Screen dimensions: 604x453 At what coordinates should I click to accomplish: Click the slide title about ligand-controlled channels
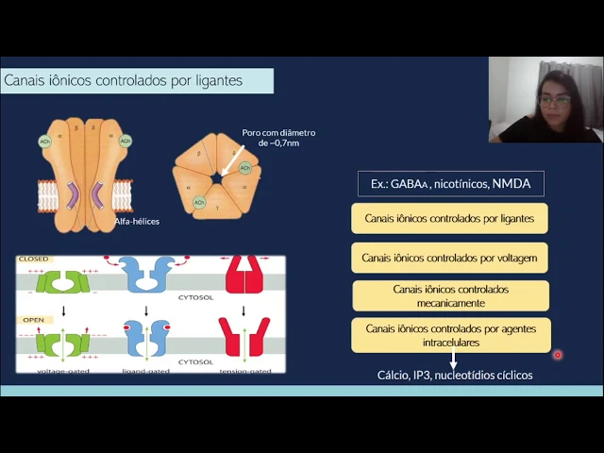pyautogui.click(x=123, y=81)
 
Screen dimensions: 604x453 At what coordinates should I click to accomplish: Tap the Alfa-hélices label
pyautogui.click(x=137, y=221)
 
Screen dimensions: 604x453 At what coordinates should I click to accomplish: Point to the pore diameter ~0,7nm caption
pyautogui.click(x=278, y=138)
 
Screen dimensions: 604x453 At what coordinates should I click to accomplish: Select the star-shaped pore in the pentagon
pyautogui.click(x=216, y=176)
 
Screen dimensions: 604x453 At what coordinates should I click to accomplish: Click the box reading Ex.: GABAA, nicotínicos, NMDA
pyautogui.click(x=450, y=183)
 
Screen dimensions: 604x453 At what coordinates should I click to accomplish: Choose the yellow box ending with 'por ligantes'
pyautogui.click(x=449, y=218)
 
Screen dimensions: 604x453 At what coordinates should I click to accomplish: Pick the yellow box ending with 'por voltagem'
pyautogui.click(x=449, y=257)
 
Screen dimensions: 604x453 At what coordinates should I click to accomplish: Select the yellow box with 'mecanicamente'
pyautogui.click(x=450, y=295)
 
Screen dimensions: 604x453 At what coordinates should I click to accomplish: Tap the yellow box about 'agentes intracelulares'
pyautogui.click(x=450, y=335)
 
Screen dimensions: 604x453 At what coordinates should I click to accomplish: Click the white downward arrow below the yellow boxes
pyautogui.click(x=453, y=360)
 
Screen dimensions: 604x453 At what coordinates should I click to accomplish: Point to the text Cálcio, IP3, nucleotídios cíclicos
pyautogui.click(x=455, y=376)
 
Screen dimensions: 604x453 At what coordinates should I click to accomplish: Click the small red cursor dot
pyautogui.click(x=558, y=355)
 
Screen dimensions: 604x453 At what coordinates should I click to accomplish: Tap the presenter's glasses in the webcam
pyautogui.click(x=554, y=98)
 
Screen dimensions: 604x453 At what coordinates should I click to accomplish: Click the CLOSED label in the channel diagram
pyautogui.click(x=34, y=259)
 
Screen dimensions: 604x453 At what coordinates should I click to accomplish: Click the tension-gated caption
pyautogui.click(x=244, y=370)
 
